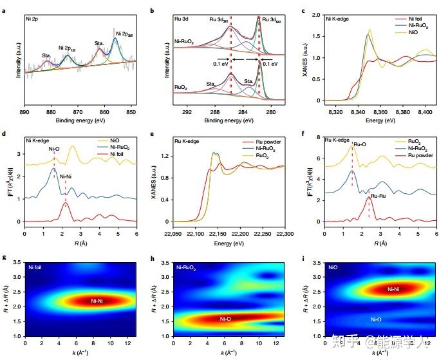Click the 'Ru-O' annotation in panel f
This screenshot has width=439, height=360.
tap(360, 145)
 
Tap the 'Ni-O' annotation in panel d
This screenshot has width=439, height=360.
tap(54, 149)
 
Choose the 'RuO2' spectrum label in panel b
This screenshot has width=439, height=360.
tap(182, 85)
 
